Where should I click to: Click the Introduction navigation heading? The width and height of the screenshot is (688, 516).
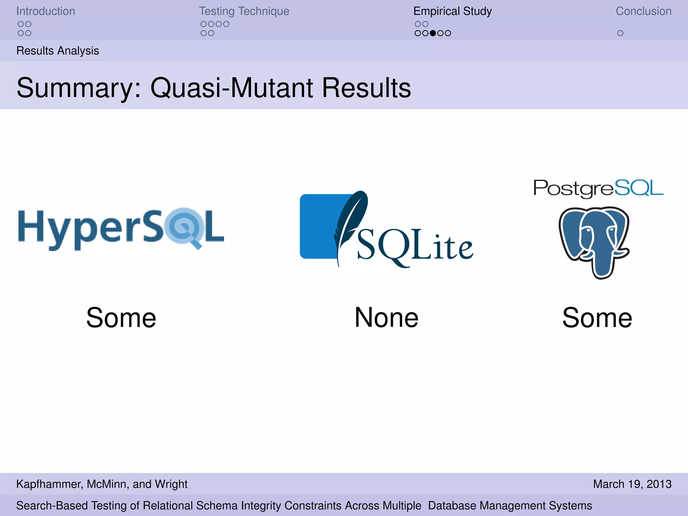point(46,11)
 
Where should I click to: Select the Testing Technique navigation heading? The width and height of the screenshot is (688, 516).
point(244,11)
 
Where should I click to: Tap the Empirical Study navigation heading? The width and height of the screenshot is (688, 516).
point(453,11)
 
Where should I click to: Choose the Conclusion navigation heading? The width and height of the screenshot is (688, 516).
point(643,11)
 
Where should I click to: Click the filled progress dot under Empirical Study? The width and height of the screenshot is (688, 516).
point(433,33)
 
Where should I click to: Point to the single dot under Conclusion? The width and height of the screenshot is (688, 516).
point(620,33)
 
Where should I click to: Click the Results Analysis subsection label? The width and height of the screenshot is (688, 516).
point(57,51)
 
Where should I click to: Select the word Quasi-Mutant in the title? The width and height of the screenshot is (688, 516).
point(231,88)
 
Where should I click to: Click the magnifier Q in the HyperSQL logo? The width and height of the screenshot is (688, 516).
point(184,227)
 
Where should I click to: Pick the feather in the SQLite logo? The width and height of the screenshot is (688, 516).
point(351,222)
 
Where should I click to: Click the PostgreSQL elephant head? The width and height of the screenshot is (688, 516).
point(594,242)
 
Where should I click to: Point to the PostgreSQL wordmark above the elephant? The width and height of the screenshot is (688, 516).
point(598,188)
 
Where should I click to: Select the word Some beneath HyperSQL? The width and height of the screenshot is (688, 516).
point(121,318)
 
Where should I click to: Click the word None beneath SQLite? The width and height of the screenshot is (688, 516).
point(386,318)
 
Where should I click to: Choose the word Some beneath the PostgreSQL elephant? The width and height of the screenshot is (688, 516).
point(597,318)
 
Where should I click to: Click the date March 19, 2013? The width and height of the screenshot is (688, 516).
point(632,484)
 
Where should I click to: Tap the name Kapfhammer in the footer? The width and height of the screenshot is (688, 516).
point(49,484)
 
